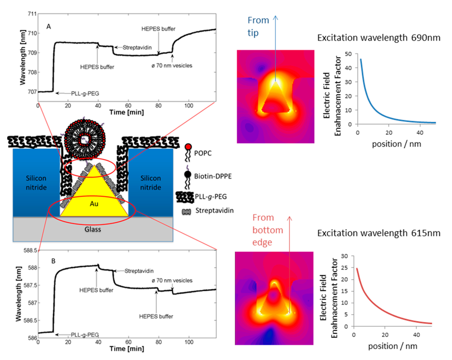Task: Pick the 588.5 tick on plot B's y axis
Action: (29, 250)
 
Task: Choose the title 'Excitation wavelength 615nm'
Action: (379, 233)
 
